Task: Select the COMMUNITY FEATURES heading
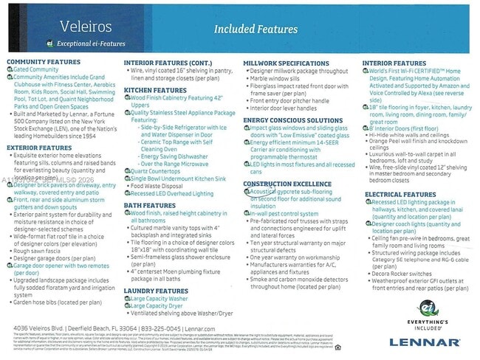click(x=43, y=62)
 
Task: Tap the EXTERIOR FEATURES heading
click(x=39, y=148)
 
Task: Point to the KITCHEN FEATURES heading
click(x=155, y=89)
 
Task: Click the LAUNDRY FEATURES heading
click(x=157, y=290)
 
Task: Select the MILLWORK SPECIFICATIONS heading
click(x=287, y=63)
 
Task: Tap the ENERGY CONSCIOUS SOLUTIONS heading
click(x=293, y=120)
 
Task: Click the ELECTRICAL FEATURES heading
click(x=400, y=194)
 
